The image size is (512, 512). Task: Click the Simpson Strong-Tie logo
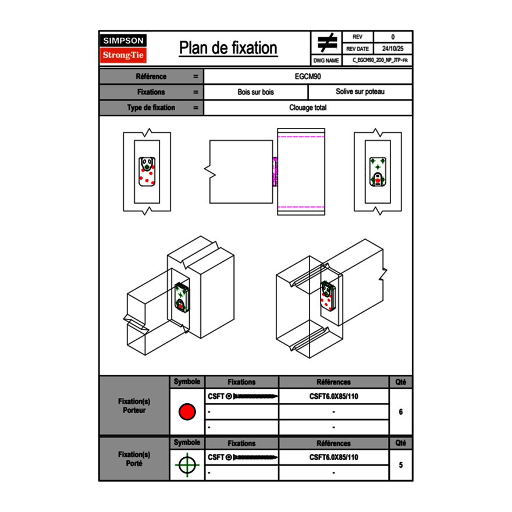(x=123, y=48)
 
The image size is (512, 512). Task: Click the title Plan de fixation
(x=228, y=48)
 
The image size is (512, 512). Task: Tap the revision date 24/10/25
(x=393, y=49)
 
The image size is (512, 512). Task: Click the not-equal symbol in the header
(x=326, y=42)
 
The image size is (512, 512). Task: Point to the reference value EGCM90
(x=308, y=76)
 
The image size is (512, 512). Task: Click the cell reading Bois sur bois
(x=255, y=92)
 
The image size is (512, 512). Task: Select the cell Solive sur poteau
(x=360, y=92)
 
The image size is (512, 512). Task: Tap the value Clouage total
(x=308, y=108)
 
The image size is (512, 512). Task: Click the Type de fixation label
(x=151, y=108)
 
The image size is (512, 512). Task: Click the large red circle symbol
(x=187, y=412)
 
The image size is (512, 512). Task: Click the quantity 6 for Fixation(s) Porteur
(x=400, y=412)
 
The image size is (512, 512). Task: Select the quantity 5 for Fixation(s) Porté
(x=400, y=465)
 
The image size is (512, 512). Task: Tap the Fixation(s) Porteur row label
(x=134, y=406)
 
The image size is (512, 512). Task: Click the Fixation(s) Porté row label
(x=134, y=459)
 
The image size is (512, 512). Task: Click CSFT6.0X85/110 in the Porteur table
(x=333, y=397)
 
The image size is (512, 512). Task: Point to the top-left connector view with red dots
(x=147, y=172)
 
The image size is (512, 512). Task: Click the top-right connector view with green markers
(x=378, y=172)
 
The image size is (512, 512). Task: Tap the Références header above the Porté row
(x=333, y=443)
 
